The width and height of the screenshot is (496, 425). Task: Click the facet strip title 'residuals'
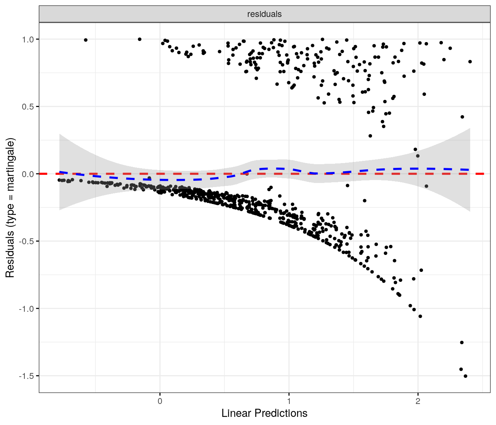(264, 14)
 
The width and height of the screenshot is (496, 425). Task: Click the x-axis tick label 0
(160, 401)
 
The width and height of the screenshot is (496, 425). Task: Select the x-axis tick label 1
(289, 401)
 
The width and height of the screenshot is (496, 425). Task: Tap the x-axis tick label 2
(418, 401)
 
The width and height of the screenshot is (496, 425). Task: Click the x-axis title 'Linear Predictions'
(264, 413)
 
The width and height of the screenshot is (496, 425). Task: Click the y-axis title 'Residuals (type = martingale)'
(10, 208)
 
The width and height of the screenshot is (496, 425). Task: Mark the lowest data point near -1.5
(465, 376)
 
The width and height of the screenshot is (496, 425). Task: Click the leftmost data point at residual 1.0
(86, 40)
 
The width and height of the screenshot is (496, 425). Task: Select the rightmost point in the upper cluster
(470, 62)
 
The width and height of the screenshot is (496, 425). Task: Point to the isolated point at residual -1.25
(462, 342)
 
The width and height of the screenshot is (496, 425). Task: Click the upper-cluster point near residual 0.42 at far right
(462, 117)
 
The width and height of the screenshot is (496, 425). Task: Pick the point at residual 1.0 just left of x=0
(139, 39)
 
